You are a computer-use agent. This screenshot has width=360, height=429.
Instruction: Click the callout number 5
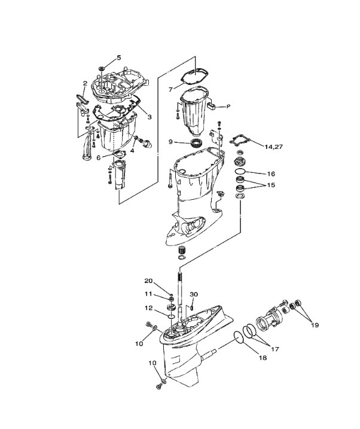click(118, 57)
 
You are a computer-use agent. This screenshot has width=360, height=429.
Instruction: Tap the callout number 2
click(85, 83)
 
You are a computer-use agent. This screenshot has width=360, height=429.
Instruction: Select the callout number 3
click(150, 117)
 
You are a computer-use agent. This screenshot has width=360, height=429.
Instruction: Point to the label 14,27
click(274, 147)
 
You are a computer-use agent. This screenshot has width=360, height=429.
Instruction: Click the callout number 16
click(271, 174)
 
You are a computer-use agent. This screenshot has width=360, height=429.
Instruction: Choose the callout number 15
click(271, 185)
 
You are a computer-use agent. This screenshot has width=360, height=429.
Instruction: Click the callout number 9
click(170, 142)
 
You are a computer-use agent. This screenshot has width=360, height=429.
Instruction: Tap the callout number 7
click(170, 90)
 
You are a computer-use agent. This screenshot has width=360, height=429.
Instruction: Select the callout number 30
click(194, 294)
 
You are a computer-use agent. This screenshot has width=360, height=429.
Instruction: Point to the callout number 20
click(148, 281)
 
